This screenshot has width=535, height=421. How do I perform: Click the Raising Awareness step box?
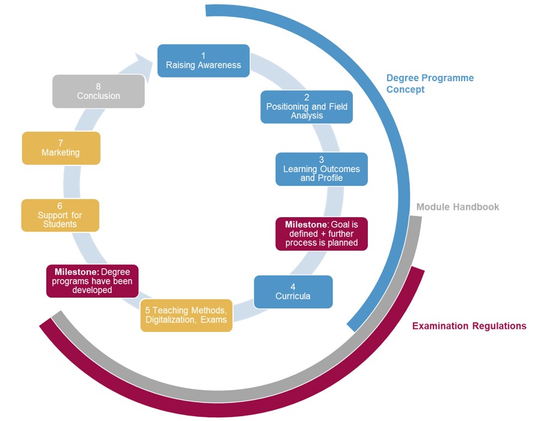(203, 61)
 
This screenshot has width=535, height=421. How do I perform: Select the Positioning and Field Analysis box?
(307, 106)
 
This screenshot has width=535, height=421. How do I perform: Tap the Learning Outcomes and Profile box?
(321, 169)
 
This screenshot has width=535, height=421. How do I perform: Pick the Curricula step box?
(293, 292)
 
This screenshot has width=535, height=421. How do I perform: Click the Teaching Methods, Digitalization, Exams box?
(186, 315)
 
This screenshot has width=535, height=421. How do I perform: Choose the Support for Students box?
(60, 215)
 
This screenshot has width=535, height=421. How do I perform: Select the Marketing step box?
(61, 148)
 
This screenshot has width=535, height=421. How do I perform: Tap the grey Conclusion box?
(98, 91)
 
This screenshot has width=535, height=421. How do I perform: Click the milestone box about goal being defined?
(321, 233)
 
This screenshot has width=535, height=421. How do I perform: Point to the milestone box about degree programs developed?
(92, 281)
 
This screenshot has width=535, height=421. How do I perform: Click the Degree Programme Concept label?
(430, 84)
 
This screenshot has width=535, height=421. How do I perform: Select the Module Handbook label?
(457, 207)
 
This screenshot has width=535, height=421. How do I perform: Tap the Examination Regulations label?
(469, 326)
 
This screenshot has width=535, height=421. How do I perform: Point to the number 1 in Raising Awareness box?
(203, 56)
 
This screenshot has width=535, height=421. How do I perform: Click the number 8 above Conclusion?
(98, 86)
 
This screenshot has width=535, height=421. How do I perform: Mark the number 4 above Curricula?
(293, 287)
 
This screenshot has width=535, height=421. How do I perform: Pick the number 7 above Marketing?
(61, 143)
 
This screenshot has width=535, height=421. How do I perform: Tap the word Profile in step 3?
(330, 178)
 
